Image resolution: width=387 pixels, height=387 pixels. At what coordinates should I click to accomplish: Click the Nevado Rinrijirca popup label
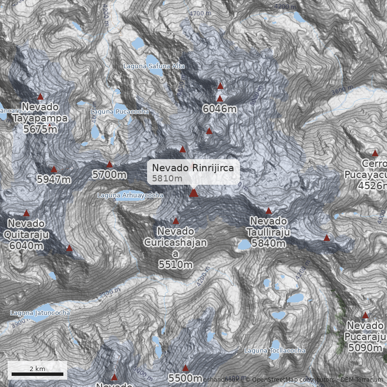[193, 172]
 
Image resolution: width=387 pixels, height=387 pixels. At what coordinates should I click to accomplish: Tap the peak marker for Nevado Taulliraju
[269, 210]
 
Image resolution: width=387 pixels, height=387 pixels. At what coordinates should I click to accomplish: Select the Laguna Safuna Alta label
[154, 66]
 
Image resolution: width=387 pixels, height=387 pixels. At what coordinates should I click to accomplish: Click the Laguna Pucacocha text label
[119, 112]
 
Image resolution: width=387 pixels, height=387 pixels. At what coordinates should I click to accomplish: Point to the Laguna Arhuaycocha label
[130, 195]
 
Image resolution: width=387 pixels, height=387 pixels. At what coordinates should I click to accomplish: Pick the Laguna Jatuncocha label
[40, 313]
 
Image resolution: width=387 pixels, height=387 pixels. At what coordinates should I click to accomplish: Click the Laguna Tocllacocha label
[275, 350]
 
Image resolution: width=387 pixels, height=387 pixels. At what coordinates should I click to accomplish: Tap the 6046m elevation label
[220, 109]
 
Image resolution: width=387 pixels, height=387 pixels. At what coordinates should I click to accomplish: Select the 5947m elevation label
[54, 179]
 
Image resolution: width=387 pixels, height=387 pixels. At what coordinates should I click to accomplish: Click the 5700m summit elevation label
[110, 175]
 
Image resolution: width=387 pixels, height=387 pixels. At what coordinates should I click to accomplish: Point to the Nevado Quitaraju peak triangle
[27, 213]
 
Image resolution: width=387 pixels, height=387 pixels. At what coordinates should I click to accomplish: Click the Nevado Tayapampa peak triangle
[41, 96]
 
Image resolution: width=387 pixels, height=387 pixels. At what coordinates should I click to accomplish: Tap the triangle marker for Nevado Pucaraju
[365, 315]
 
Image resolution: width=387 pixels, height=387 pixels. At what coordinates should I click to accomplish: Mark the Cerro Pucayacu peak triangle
[375, 153]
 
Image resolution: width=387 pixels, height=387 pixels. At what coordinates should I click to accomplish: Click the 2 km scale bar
[37, 374]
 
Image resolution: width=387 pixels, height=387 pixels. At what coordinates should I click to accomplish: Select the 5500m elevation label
[185, 378]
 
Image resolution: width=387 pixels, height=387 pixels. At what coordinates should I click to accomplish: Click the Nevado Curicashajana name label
[176, 243]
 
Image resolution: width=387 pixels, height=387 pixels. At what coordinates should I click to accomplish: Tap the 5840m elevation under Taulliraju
[269, 243]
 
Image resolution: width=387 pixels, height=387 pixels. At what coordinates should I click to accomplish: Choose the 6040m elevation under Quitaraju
[26, 245]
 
